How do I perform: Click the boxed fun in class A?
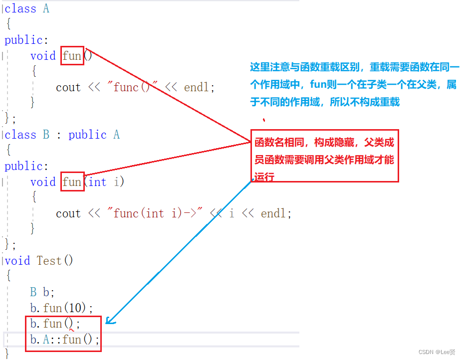72,56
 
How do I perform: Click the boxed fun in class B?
72,182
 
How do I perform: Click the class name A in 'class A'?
46,8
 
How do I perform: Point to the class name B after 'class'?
46,135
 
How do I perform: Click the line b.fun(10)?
61,308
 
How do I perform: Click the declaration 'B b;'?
42,292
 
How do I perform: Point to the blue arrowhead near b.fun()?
110,322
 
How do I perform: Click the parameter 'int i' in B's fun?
104,182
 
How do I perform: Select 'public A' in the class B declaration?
94,135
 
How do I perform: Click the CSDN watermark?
437,353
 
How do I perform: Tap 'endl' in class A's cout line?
198,87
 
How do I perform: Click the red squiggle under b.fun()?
72,330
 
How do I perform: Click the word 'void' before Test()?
17,261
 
